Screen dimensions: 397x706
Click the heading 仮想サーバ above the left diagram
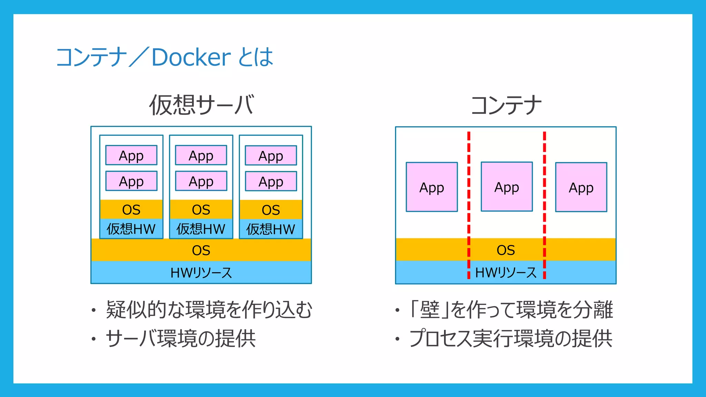click(x=202, y=105)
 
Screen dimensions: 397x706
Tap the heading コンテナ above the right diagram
click(x=506, y=105)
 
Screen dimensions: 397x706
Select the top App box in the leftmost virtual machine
click(x=131, y=155)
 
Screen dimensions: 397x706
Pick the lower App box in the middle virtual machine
click(x=201, y=181)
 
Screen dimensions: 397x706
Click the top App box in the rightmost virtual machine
click(x=271, y=156)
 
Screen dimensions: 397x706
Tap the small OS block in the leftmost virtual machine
click(x=131, y=210)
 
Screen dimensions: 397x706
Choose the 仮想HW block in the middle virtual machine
click(x=201, y=229)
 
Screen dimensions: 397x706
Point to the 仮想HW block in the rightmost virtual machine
click(x=271, y=229)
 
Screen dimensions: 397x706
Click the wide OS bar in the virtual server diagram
click(x=201, y=250)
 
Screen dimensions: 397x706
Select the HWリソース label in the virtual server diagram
click(x=201, y=273)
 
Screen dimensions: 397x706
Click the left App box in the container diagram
click(x=432, y=187)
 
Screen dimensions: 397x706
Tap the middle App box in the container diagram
click(x=506, y=187)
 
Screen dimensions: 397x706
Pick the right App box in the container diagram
click(x=581, y=187)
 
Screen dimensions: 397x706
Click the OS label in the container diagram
click(x=506, y=250)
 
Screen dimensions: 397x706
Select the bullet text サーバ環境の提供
click(x=181, y=338)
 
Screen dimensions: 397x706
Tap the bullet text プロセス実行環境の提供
click(x=511, y=338)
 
